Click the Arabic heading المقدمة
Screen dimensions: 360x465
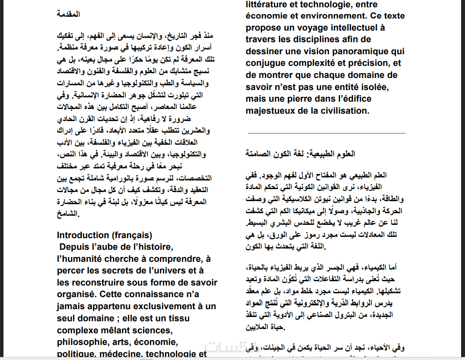pos(69,14)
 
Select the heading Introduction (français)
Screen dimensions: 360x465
pos(104,235)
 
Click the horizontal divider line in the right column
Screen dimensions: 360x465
pos(326,133)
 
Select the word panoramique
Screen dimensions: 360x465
pos(361,51)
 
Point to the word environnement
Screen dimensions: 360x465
pos(336,16)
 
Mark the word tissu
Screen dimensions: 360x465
pos(204,318)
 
